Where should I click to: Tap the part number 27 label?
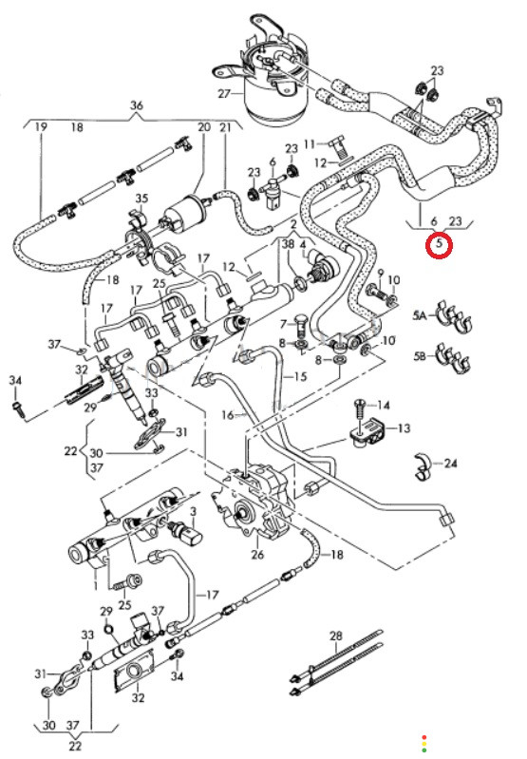pyautogui.click(x=224, y=93)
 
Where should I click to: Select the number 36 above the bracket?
pyautogui.click(x=137, y=105)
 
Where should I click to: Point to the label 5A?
pyautogui.click(x=420, y=315)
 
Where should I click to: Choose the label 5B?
pyautogui.click(x=420, y=356)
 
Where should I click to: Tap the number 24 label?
pyautogui.click(x=450, y=464)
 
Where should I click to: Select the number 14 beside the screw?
pyautogui.click(x=384, y=406)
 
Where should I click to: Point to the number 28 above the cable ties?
pyautogui.click(x=336, y=636)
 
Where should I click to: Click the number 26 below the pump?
pyautogui.click(x=257, y=554)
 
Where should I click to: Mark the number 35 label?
pyautogui.click(x=141, y=199)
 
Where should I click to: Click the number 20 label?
pyautogui.click(x=204, y=127)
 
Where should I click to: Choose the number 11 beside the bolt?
pyautogui.click(x=310, y=144)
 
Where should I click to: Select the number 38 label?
pyautogui.click(x=288, y=244)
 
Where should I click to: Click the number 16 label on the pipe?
pyautogui.click(x=228, y=415)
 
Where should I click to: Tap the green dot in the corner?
pyautogui.click(x=424, y=750)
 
